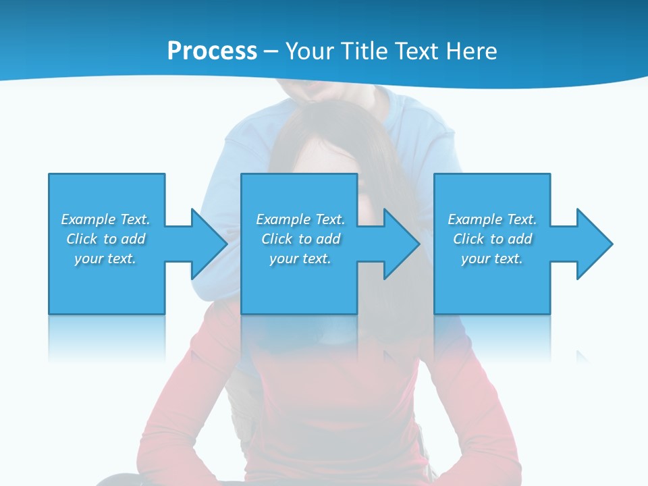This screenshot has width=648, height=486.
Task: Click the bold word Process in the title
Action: tap(212, 51)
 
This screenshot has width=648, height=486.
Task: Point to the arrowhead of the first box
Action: tap(208, 244)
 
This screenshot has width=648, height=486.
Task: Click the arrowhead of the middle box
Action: tap(401, 244)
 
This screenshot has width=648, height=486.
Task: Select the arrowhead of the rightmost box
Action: tap(594, 244)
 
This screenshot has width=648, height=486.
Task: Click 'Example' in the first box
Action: tap(88, 219)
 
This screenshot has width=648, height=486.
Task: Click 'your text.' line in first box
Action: tap(105, 259)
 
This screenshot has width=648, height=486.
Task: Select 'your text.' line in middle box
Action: tap(300, 259)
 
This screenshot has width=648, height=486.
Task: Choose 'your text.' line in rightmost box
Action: tap(492, 259)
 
